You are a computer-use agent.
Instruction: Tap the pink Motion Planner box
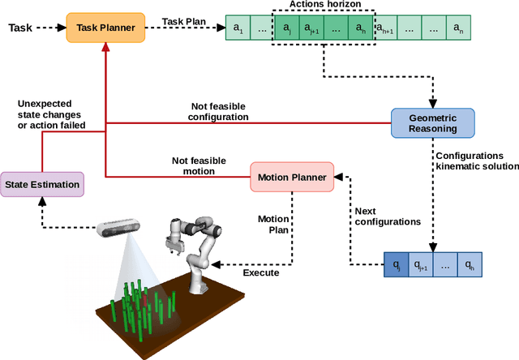pos(291,176)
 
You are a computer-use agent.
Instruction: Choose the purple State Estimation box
pos(42,184)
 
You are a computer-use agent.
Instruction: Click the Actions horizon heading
pos(324,6)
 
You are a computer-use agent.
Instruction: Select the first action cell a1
pos(238,28)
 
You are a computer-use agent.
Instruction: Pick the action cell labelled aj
pos(287,28)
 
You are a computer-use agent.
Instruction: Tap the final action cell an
pos(459,28)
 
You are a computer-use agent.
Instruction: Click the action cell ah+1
pos(384,28)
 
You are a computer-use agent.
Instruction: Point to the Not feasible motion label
pos(199,165)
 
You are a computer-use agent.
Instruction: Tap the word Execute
pos(262,272)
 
